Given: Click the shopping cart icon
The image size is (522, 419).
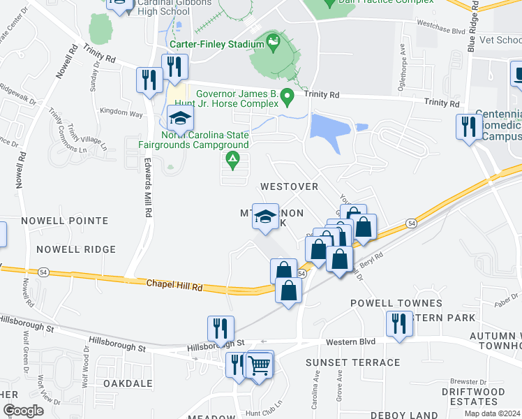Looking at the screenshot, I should pyautogui.click(x=259, y=364).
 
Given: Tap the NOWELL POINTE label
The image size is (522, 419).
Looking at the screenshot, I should pyautogui.click(x=64, y=221).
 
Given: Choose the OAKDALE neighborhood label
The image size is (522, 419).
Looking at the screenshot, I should pyautogui.click(x=128, y=383).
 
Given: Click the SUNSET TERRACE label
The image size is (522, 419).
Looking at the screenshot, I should pyautogui.click(x=352, y=362).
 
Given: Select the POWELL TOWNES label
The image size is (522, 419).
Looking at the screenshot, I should pyautogui.click(x=396, y=303).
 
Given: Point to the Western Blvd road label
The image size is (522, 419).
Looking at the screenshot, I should pyautogui.click(x=352, y=341).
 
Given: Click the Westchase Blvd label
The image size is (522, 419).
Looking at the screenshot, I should pyautogui.click(x=441, y=31).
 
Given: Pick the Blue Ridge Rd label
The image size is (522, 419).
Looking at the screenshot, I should pyautogui.click(x=473, y=28).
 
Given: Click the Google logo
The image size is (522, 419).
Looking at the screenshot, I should pyautogui.click(x=23, y=411).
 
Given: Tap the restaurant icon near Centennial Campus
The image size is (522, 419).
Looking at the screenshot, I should pyautogui.click(x=468, y=126).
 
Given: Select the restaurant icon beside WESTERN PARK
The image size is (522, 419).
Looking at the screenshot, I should pyautogui.click(x=399, y=323).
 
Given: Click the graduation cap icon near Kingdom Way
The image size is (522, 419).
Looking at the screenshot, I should pyautogui.click(x=180, y=117).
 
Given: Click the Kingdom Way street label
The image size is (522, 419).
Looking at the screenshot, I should pyautogui.click(x=121, y=112).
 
